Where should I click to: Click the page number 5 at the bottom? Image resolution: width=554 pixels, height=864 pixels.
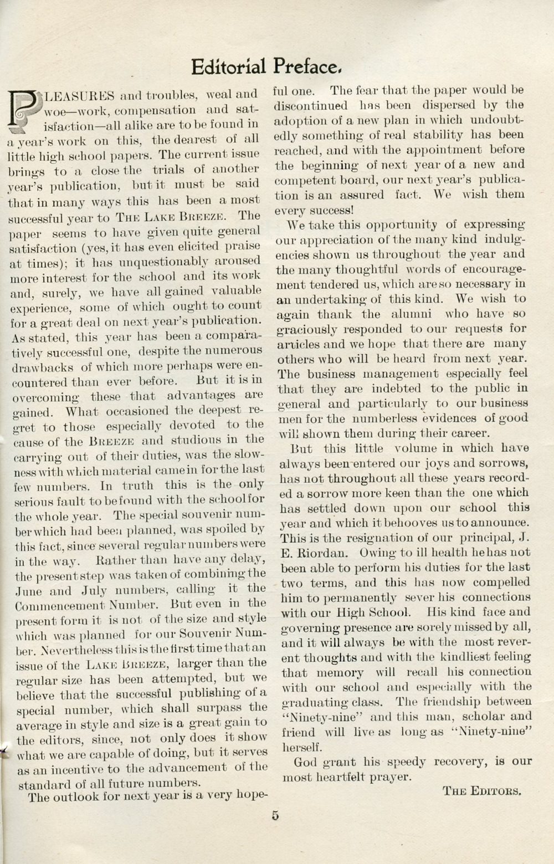[275, 816]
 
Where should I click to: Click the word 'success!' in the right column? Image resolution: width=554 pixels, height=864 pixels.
[314, 211]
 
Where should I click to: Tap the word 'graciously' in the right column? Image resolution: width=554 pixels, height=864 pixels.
[306, 329]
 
